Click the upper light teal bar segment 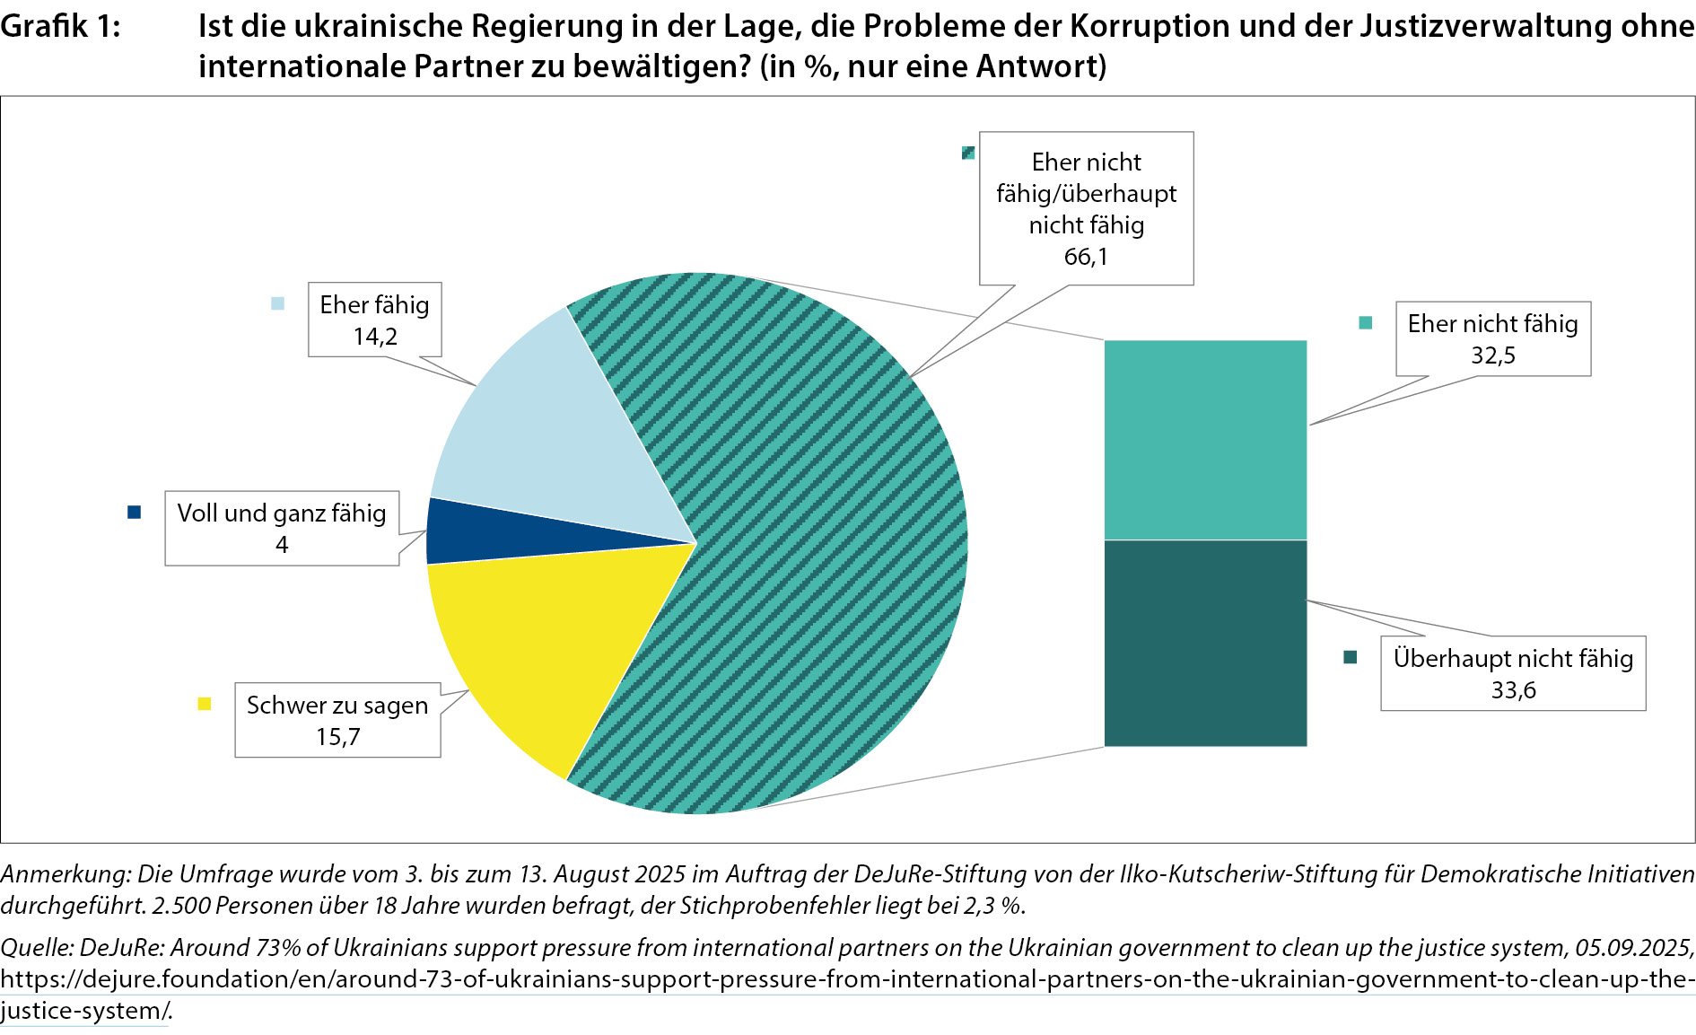[1205, 440]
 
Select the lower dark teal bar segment [1205, 643]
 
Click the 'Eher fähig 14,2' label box [374, 320]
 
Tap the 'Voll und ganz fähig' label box [282, 528]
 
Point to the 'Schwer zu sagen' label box [337, 720]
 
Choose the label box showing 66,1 [1086, 208]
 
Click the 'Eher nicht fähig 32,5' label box [1492, 338]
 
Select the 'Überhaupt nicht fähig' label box [1513, 673]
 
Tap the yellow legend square [205, 704]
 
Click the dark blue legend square [135, 513]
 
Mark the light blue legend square [278, 303]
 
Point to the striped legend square [968, 153]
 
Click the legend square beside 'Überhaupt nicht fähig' [1351, 657]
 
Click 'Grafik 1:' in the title [60, 27]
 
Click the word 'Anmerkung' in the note [65, 873]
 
